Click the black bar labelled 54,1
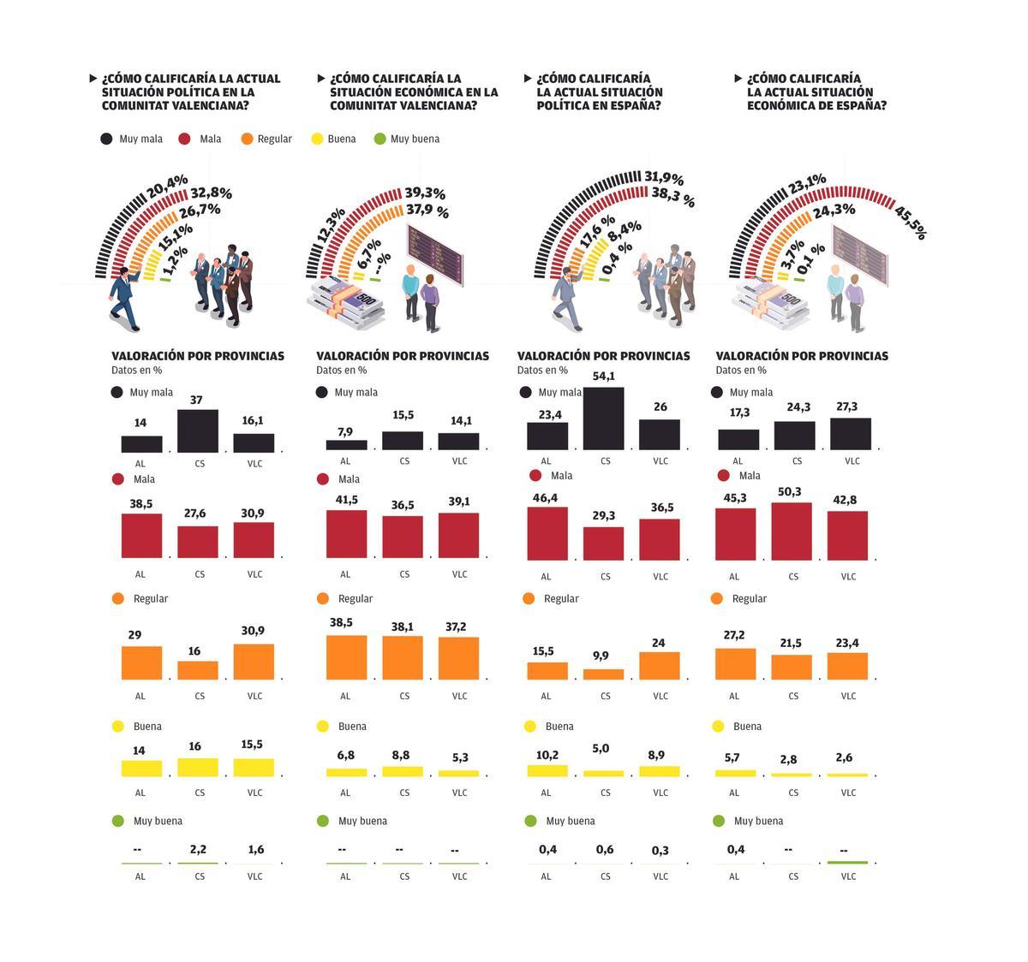click(605, 419)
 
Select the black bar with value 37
click(198, 431)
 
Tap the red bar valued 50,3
click(792, 531)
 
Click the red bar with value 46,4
click(547, 533)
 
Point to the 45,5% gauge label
click(910, 222)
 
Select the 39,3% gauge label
click(425, 194)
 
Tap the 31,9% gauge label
click(664, 178)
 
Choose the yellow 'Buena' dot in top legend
click(317, 139)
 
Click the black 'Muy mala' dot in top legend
click(106, 139)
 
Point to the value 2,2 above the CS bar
click(198, 849)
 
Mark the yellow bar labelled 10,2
click(547, 770)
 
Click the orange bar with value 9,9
click(604, 674)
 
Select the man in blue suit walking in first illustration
click(126, 297)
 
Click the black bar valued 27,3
click(850, 434)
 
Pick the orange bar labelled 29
click(141, 662)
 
